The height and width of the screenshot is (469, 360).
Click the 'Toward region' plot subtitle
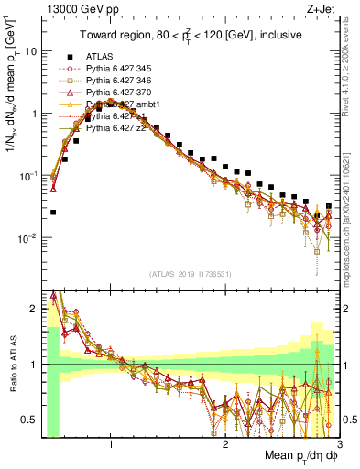[x=190, y=36]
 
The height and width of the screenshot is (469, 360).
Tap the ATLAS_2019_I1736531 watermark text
[x=190, y=274]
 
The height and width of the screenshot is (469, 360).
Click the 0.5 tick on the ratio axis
[x=29, y=420]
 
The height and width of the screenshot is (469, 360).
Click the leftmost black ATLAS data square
[x=53, y=212]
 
